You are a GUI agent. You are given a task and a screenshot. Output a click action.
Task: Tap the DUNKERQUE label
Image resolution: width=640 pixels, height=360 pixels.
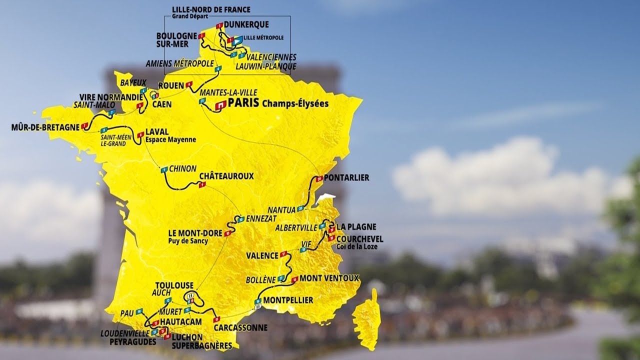(x=246, y=24)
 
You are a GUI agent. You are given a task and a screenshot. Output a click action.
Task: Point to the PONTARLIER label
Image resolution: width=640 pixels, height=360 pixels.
(x=346, y=177)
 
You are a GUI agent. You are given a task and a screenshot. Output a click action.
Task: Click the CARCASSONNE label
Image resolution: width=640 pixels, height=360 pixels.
(x=240, y=327)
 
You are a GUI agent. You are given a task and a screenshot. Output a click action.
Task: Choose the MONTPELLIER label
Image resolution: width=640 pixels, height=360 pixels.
(x=288, y=300)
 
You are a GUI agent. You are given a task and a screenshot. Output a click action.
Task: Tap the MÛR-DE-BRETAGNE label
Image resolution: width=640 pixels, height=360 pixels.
(x=45, y=127)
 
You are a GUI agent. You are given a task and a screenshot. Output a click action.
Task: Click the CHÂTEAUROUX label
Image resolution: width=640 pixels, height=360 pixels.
(x=226, y=176)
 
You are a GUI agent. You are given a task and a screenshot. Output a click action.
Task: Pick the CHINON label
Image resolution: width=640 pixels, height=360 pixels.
(x=182, y=169)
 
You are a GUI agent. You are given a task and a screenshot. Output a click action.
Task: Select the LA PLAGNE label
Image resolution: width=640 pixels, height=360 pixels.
(x=356, y=227)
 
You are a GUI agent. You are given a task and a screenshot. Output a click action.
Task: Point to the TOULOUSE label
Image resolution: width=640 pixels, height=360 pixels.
(x=174, y=285)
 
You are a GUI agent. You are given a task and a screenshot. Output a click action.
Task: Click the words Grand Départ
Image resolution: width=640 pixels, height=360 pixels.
(x=190, y=16)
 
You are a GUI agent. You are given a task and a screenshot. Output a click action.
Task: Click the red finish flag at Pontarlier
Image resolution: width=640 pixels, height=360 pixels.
(x=319, y=178)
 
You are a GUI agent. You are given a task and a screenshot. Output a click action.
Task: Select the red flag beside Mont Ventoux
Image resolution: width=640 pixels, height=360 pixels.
(x=294, y=278)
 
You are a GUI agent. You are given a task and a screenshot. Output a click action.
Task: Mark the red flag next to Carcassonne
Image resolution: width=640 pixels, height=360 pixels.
(x=216, y=319)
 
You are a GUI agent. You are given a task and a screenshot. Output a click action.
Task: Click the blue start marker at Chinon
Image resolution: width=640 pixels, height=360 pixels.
(x=163, y=170)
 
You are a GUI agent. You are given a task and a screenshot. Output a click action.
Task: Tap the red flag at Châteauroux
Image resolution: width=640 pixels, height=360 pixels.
(x=201, y=185)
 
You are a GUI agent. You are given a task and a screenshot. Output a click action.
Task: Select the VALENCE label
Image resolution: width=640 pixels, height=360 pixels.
(x=262, y=256)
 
